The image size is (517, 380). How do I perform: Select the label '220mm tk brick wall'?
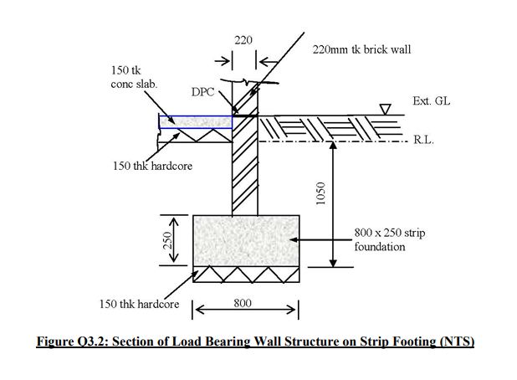pyautogui.click(x=361, y=50)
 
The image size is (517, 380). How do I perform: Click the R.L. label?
pyautogui.click(x=423, y=142)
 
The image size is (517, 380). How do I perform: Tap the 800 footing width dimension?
pyautogui.click(x=243, y=303)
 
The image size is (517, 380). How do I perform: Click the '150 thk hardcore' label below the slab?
pyautogui.click(x=152, y=166)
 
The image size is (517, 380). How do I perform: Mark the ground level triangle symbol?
pyautogui.click(x=385, y=108)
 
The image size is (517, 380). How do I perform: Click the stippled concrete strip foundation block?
pyautogui.click(x=246, y=240)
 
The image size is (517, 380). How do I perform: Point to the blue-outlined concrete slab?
pyautogui.click(x=195, y=122)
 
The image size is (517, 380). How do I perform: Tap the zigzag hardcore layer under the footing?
pyautogui.click(x=246, y=275)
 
